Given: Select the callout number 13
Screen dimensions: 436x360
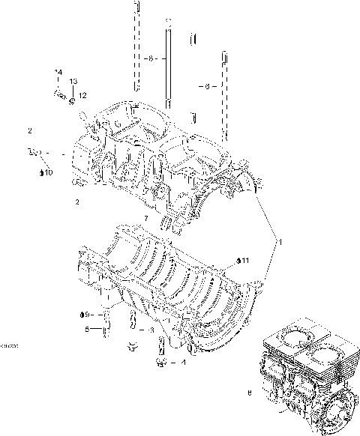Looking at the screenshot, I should (x=73, y=80).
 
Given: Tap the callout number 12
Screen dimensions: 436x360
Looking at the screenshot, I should (x=82, y=95).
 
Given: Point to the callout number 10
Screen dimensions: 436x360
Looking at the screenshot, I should (x=47, y=173).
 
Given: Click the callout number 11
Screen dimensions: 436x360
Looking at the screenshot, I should (x=244, y=260).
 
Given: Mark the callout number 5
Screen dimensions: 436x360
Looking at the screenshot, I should (x=87, y=329).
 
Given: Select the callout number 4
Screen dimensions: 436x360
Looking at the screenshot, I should (x=182, y=363).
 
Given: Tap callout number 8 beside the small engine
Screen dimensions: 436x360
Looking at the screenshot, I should (x=249, y=392).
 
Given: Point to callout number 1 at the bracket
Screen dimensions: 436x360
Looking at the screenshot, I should (x=279, y=243).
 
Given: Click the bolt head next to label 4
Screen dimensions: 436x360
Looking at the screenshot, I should (x=160, y=363).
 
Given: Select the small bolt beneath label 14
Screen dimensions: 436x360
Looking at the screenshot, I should (x=58, y=94).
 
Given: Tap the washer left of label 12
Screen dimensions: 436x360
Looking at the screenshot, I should (x=72, y=98).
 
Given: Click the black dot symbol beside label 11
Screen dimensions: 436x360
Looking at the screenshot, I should (x=238, y=261).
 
